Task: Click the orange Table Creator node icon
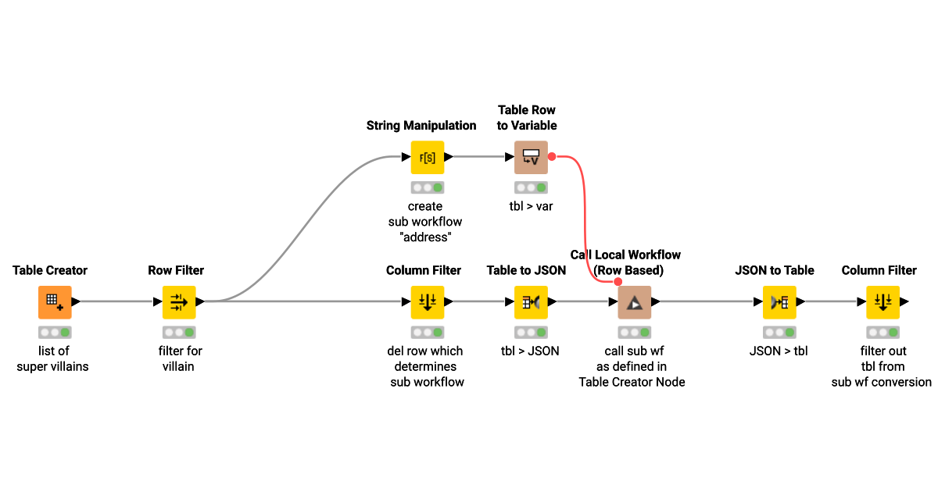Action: (x=55, y=301)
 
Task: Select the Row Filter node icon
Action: (x=179, y=301)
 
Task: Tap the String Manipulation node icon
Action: (x=428, y=157)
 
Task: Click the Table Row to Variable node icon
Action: (x=531, y=157)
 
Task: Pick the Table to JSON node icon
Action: (x=531, y=301)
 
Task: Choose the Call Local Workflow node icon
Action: (x=634, y=301)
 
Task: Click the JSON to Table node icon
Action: (x=779, y=301)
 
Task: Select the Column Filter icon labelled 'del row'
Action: (x=428, y=301)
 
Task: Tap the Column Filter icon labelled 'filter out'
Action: (x=883, y=301)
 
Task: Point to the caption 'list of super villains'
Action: (x=53, y=358)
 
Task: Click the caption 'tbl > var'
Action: (x=531, y=206)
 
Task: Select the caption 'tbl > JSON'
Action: (x=531, y=351)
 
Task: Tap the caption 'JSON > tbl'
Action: (x=779, y=351)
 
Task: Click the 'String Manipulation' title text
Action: (x=421, y=125)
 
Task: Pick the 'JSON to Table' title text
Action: (x=775, y=270)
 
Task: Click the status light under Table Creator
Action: (x=55, y=332)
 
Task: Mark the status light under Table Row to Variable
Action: (x=531, y=187)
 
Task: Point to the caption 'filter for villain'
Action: (x=179, y=358)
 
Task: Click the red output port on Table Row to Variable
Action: (x=551, y=157)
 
